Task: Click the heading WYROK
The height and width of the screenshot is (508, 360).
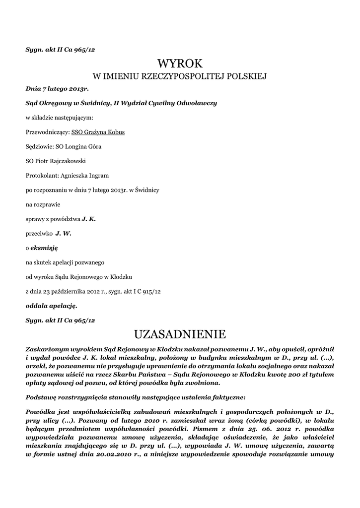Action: point(180,63)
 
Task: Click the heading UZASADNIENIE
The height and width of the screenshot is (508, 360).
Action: point(180,332)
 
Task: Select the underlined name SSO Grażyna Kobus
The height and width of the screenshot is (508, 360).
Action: point(98,132)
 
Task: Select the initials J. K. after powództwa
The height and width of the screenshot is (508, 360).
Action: point(88,219)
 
